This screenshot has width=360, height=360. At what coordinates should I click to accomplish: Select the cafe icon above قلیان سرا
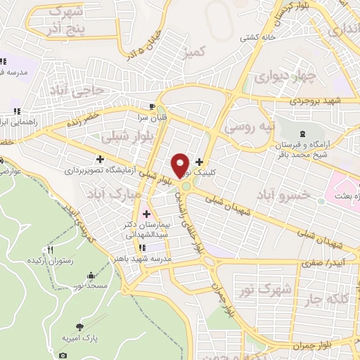tap(142, 106)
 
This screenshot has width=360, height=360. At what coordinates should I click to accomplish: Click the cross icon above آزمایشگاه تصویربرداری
tap(101, 159)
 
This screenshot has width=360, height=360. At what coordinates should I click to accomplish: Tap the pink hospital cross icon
tap(147, 213)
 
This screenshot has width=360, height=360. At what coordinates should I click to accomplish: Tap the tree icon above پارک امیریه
tap(79, 326)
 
